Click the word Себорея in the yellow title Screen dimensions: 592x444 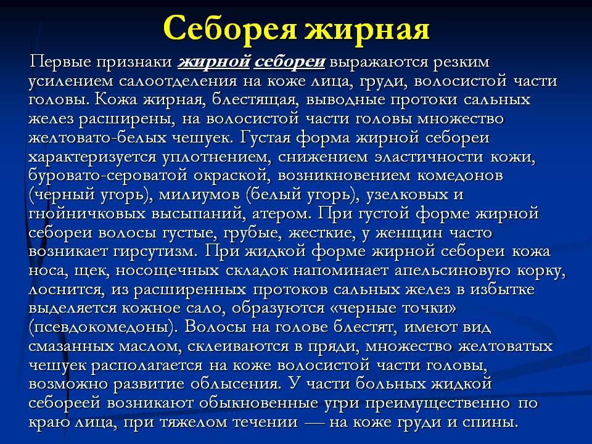tap(229, 29)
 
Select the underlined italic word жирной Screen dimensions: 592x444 tap(214, 62)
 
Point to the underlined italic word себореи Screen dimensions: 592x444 tap(290, 62)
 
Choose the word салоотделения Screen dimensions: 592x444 tap(178, 81)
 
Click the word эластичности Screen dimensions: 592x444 tap(429, 156)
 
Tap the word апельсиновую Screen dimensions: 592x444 tap(454, 270)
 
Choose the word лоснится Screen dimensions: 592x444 tap(67, 289)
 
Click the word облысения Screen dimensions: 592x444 tap(236, 384)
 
